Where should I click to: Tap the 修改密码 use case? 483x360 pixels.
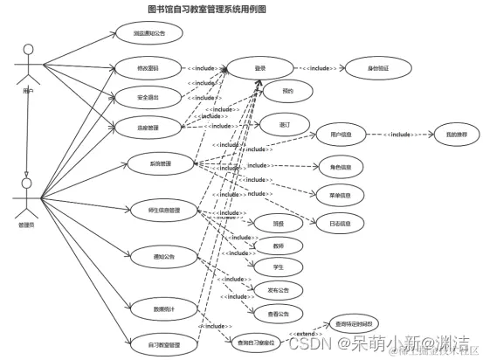click(148, 67)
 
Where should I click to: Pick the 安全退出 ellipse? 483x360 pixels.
click(148, 97)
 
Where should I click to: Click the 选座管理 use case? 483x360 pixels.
click(148, 128)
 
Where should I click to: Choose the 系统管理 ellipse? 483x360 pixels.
click(160, 163)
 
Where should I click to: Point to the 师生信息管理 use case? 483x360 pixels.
click(164, 211)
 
